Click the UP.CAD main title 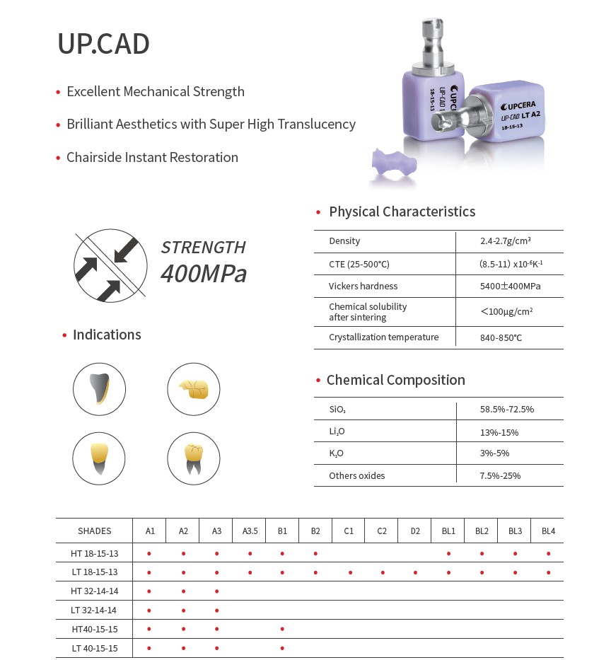click(103, 44)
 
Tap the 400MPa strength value click(204, 273)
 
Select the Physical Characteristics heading click(402, 212)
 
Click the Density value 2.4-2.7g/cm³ click(505, 241)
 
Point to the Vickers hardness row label click(363, 286)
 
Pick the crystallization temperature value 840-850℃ click(501, 337)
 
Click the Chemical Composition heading click(395, 380)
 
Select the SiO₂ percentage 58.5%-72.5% click(506, 410)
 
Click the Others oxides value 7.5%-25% click(500, 476)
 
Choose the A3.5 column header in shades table click(250, 531)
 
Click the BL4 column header click(548, 531)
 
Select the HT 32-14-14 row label click(94, 591)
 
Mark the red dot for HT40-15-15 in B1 click(282, 629)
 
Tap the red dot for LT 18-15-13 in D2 click(415, 572)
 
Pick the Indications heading click(107, 335)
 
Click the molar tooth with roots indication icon click(193, 458)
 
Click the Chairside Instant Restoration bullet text click(152, 157)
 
